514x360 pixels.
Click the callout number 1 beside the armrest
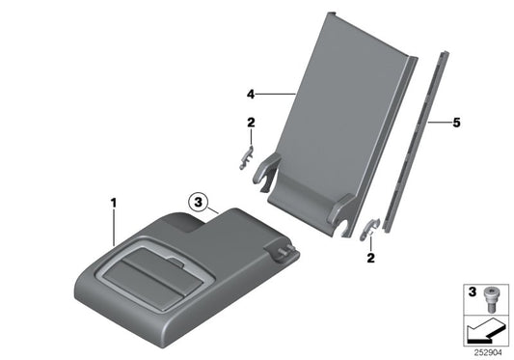point(113,204)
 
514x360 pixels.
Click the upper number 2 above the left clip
point(250,123)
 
